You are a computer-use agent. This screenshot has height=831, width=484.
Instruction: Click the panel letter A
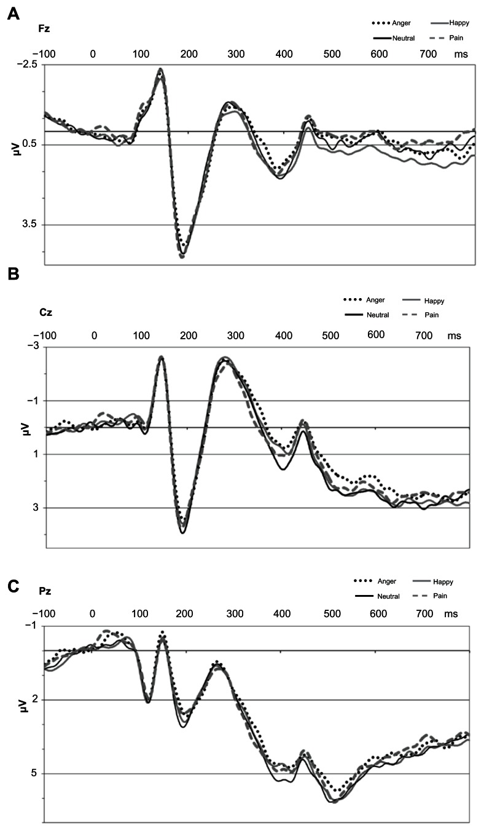coord(12,14)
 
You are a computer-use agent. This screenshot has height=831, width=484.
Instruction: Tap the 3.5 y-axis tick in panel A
coord(29,226)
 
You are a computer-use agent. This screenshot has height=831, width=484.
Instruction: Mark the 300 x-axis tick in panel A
coord(182,54)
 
